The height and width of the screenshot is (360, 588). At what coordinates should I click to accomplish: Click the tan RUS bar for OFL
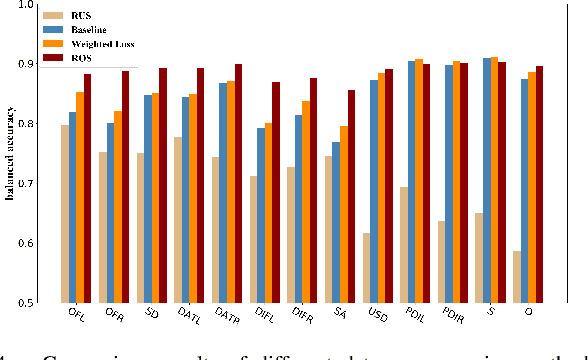point(65,214)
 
